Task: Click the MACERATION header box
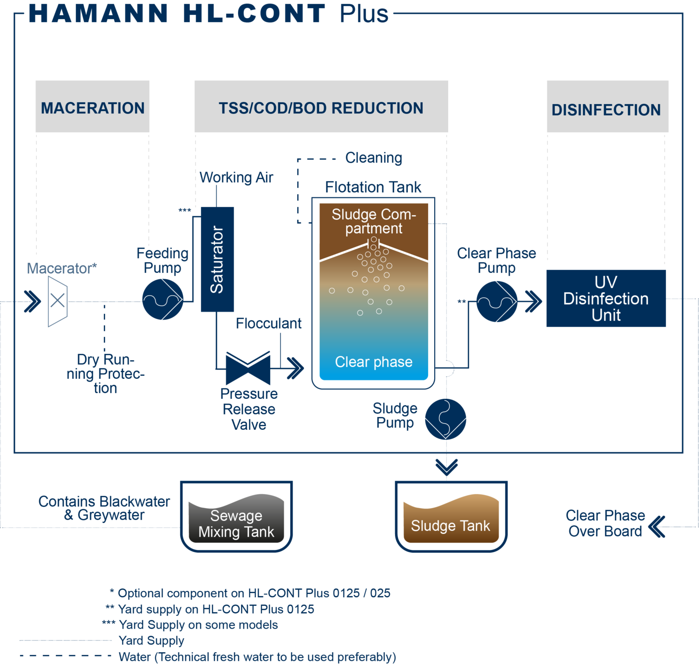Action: [92, 107]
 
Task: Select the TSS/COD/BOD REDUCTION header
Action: [321, 107]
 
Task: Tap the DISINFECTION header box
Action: [607, 107]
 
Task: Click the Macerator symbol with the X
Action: [58, 301]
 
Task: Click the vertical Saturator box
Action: [217, 259]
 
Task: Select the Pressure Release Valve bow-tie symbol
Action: [248, 368]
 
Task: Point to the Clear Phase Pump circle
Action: [496, 302]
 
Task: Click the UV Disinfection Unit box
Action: [606, 298]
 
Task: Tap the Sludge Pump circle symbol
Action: [446, 419]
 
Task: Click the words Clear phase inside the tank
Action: [374, 362]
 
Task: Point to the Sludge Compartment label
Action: [374, 221]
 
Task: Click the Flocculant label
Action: [268, 323]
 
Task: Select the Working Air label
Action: [237, 177]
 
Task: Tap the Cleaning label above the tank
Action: [374, 158]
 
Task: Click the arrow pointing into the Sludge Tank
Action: [446, 467]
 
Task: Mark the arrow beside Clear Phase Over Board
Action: [657, 527]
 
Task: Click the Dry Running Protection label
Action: [105, 373]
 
